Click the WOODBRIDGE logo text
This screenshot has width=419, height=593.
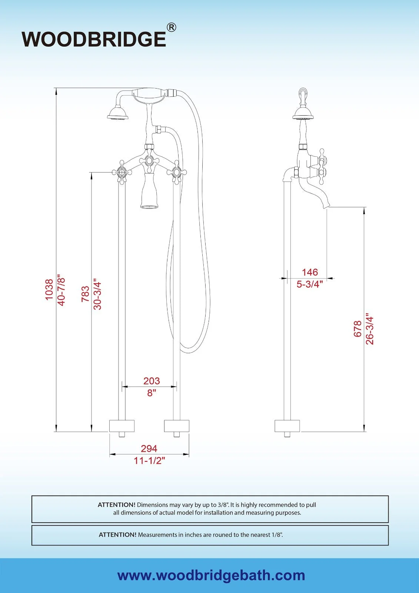(x=94, y=39)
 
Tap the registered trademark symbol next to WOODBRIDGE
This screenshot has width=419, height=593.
(x=171, y=27)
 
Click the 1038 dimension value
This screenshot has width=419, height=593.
(x=49, y=290)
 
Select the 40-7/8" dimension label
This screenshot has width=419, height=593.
(x=61, y=290)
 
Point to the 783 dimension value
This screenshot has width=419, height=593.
(x=86, y=294)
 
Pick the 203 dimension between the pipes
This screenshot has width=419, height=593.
(x=152, y=381)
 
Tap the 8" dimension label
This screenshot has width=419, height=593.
(x=152, y=393)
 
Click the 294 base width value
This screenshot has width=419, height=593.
(x=149, y=448)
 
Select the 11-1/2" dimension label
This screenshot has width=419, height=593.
(x=149, y=461)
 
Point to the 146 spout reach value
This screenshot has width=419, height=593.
(x=310, y=272)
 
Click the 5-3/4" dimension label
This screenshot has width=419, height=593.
(x=310, y=284)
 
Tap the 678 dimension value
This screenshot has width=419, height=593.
(x=358, y=329)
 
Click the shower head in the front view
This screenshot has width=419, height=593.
(x=118, y=113)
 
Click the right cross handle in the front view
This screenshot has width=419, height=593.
(x=177, y=172)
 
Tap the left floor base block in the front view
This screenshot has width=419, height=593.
(x=122, y=426)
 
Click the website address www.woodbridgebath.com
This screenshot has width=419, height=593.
(x=211, y=575)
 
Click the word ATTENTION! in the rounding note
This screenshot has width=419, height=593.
(x=117, y=535)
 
